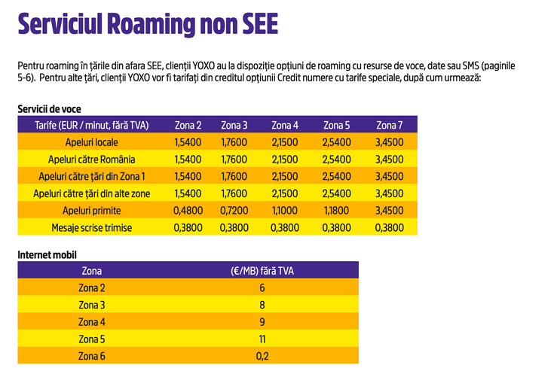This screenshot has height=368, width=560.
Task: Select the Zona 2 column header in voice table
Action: pyautogui.click(x=188, y=125)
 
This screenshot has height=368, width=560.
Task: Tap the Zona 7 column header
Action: pyautogui.click(x=390, y=125)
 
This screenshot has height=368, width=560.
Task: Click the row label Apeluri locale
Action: pyautogui.click(x=91, y=142)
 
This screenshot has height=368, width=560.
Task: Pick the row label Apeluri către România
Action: pyautogui.click(x=91, y=159)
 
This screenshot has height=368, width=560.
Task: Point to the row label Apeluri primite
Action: pyautogui.click(x=91, y=210)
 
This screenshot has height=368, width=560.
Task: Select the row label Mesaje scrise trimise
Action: pyautogui.click(x=91, y=227)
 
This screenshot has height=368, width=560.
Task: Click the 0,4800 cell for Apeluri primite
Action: pyautogui.click(x=188, y=210)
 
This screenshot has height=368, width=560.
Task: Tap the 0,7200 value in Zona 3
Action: pyautogui.click(x=234, y=210)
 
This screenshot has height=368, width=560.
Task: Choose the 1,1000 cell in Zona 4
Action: pyautogui.click(x=285, y=210)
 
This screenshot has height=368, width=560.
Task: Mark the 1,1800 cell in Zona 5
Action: pyautogui.click(x=336, y=210)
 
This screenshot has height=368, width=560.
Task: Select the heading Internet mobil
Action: pyautogui.click(x=47, y=255)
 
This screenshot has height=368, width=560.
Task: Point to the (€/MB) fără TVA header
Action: pyautogui.click(x=262, y=270)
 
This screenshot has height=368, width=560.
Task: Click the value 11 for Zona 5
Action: pyautogui.click(x=262, y=339)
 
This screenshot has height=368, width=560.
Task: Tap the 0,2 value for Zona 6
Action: pyautogui.click(x=262, y=356)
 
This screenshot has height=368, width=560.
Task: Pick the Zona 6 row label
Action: pyautogui.click(x=91, y=356)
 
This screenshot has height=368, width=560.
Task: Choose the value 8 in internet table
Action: pyautogui.click(x=262, y=305)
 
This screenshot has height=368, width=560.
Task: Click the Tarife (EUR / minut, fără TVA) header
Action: pyautogui.click(x=91, y=125)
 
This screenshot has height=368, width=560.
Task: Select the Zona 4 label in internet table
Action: pyautogui.click(x=91, y=322)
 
